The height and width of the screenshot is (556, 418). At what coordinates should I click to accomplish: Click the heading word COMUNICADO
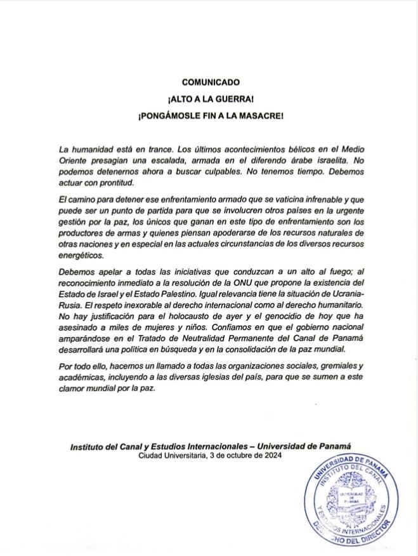coord(209,82)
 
